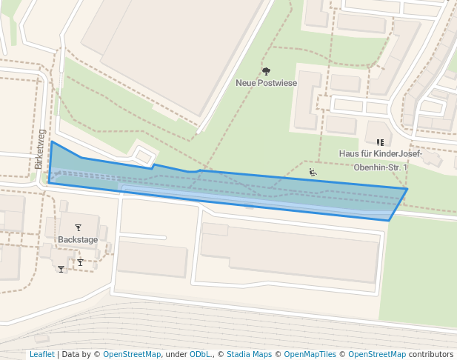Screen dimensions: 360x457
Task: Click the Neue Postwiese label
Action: click(x=266, y=83)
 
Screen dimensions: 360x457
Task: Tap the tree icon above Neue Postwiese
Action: click(x=266, y=71)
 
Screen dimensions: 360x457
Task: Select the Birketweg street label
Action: click(x=39, y=149)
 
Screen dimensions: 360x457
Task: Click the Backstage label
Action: click(x=78, y=240)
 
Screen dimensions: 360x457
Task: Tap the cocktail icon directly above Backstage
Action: click(x=78, y=227)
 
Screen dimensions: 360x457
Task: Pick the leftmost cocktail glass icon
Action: click(x=61, y=269)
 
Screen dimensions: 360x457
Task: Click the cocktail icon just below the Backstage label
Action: click(x=80, y=261)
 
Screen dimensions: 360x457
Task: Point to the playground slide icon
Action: click(x=313, y=173)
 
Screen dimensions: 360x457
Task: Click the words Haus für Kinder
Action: click(x=369, y=154)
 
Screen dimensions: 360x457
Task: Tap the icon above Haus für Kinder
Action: click(x=380, y=141)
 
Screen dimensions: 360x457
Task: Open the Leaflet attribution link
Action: click(x=41, y=354)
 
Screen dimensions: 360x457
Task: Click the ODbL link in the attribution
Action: click(x=200, y=354)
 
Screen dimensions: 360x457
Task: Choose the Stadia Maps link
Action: click(x=249, y=354)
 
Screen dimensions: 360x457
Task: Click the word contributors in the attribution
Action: click(x=431, y=354)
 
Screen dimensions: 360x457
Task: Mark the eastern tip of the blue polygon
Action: click(x=407, y=189)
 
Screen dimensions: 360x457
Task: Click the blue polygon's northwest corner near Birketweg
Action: click(x=51, y=141)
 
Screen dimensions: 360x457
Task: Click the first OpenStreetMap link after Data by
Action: click(x=131, y=354)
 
